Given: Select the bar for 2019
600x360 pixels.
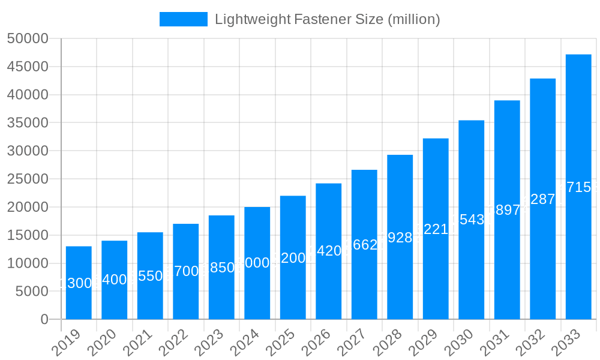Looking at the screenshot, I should [79, 283].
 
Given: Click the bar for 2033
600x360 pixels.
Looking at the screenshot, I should [578, 187].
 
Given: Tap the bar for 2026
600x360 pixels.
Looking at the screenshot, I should [329, 251].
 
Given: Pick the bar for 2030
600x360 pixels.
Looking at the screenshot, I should [472, 220].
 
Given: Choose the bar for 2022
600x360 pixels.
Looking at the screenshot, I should [186, 271].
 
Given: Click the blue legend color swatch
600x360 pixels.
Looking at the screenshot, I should [183, 19].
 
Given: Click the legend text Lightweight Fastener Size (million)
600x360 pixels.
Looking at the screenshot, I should [328, 19].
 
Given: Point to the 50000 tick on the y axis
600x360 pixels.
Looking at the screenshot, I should [27, 38].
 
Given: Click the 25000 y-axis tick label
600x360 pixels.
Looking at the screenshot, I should [27, 179].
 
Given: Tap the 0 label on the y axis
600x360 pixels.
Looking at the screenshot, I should [44, 320].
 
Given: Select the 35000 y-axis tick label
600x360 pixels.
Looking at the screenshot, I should [27, 123].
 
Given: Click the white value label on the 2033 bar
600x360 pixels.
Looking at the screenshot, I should [578, 187].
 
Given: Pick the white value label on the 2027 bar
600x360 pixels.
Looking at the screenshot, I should [364, 245].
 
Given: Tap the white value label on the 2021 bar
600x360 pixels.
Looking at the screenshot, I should [150, 276].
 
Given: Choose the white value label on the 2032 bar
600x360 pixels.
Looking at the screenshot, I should [543, 199].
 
